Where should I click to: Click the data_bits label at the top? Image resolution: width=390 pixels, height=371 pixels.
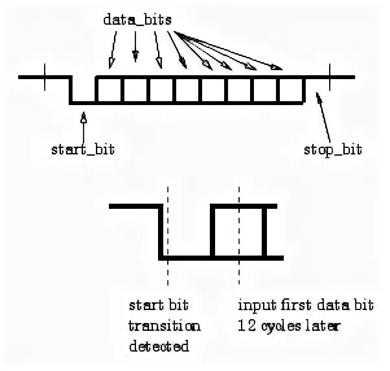(137, 20)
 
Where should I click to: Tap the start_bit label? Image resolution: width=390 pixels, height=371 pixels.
(83, 150)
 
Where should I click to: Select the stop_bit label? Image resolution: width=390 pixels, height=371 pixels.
(332, 150)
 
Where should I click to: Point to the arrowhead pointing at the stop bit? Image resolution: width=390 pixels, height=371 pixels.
(318, 97)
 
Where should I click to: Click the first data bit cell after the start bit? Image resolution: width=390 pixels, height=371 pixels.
(109, 90)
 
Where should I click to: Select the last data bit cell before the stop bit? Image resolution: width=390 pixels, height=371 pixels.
(291, 90)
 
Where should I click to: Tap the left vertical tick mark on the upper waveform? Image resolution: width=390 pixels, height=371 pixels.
(45, 77)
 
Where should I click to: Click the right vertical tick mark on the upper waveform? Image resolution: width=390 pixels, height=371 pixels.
(330, 77)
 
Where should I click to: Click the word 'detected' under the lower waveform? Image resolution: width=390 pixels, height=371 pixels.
(159, 346)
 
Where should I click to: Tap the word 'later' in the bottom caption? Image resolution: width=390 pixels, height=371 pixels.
(325, 326)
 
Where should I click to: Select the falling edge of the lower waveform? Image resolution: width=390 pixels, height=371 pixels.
(161, 231)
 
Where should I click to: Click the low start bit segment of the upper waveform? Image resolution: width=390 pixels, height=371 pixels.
(83, 102)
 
